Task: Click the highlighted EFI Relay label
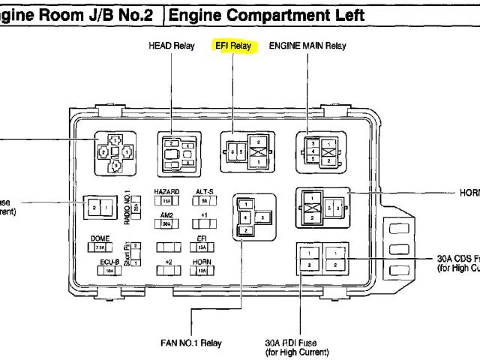pos(233,46)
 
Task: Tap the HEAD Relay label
pos(172,46)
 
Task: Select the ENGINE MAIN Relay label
pos(307,46)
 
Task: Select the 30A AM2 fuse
pos(167,224)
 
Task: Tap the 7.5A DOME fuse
pos(100,247)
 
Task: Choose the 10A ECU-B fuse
pos(109,269)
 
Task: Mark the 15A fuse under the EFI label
pos(202,247)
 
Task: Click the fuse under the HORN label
pos(202,270)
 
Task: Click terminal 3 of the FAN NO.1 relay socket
pos(263,217)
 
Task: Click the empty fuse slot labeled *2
pos(167,270)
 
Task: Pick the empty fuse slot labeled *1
pos(203,224)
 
